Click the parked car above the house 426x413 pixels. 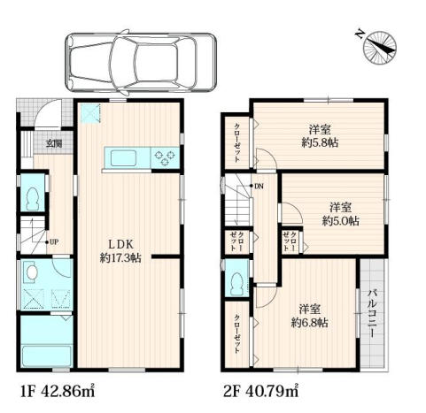141,63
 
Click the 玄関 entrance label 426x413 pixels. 54,144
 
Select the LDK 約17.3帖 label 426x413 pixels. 120,251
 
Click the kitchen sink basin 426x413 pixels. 123,158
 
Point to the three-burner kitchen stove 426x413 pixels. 165,157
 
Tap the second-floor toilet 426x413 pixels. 237,284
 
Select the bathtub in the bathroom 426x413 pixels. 47,356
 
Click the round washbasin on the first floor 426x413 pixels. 31,272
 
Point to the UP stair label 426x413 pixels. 54,242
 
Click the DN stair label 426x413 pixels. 259,186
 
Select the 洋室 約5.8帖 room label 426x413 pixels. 320,136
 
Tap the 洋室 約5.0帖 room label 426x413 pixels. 341,214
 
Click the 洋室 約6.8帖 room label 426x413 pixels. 310,317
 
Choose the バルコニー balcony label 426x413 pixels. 372,314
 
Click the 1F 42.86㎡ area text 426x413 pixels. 58,391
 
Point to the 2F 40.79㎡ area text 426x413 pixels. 260,391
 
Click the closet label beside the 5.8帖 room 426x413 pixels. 237,142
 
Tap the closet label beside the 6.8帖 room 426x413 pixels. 237,334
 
